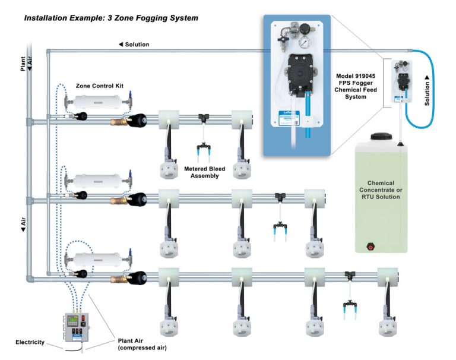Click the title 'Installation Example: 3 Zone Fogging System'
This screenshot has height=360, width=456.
[x=111, y=18]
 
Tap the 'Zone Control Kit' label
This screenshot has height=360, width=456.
[x=98, y=86]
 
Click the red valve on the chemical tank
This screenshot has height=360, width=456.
[x=372, y=245]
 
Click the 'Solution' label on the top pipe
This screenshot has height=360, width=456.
[x=134, y=45]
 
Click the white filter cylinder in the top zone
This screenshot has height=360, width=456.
[x=99, y=102]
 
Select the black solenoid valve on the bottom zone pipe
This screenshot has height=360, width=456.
[x=138, y=277]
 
